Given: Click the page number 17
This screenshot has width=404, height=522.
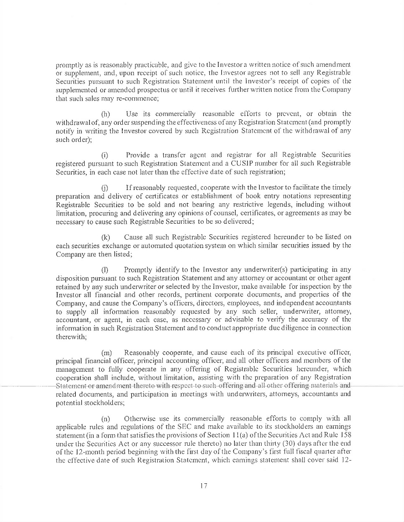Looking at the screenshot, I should coord(202,487).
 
